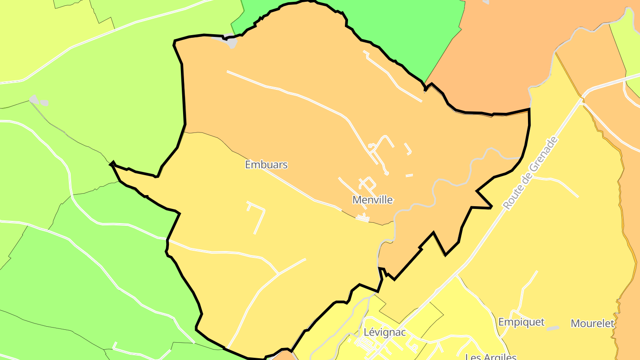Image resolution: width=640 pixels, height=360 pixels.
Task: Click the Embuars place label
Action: [266, 165]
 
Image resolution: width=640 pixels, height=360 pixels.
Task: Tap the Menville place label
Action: [372, 200]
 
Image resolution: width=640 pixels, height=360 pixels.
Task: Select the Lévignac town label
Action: [384, 332]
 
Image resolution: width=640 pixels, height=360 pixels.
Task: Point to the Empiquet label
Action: [521, 322]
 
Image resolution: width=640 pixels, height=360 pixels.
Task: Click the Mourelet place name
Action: [592, 324]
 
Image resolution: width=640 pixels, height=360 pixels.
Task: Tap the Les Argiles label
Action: [491, 356]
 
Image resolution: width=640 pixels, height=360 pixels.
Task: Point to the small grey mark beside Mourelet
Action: [553, 328]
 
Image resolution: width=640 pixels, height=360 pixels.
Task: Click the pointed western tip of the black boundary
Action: [112, 164]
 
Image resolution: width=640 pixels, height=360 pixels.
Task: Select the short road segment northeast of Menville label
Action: [409, 176]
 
